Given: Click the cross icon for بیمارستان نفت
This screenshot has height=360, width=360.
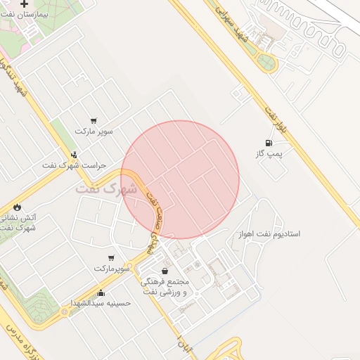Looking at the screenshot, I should [x=25, y=4].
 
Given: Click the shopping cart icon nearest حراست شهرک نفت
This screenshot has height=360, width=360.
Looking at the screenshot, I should [x=94, y=120].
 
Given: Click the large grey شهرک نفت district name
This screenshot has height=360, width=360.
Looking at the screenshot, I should [x=105, y=189].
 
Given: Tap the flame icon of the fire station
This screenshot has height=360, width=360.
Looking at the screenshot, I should [x=17, y=207].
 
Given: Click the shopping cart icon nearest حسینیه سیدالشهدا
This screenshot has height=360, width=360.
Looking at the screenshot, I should [x=110, y=258].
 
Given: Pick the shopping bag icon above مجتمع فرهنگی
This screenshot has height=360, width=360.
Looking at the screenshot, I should [x=165, y=271].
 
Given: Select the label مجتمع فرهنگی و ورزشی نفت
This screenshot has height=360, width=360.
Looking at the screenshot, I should [x=166, y=286].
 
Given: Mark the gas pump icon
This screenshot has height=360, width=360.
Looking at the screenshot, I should [x=268, y=143].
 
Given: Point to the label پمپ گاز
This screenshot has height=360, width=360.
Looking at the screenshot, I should [x=269, y=153].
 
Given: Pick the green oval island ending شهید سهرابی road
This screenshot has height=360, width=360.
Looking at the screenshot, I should [x=266, y=61].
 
